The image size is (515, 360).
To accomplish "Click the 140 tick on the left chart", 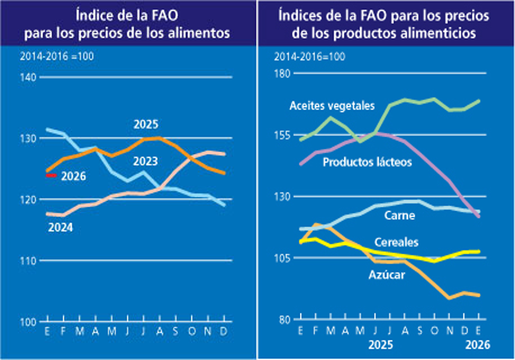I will click(28, 77).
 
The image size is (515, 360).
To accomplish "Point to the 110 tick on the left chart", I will click(28, 260).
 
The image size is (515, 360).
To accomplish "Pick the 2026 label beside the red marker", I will click(73, 176).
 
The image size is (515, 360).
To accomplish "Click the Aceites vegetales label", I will click(332, 105).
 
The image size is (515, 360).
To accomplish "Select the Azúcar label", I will click(386, 274).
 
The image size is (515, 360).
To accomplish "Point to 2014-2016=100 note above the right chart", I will click(310, 57).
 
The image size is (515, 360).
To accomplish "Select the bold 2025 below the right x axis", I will click(381, 346).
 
